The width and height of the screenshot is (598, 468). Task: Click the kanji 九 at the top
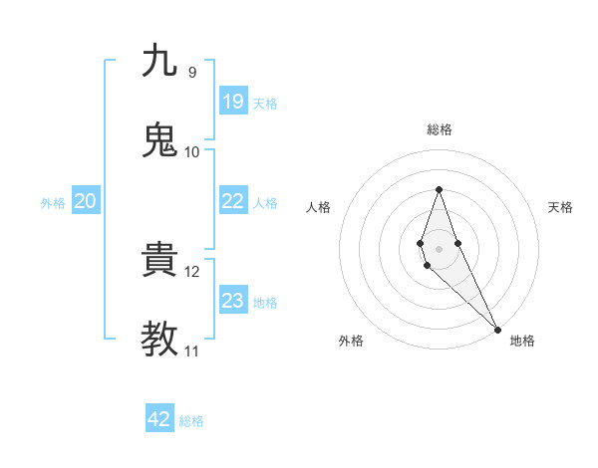pos(159,61)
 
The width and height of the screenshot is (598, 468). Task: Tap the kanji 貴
pos(159,260)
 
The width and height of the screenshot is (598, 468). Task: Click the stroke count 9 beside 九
pos(191,73)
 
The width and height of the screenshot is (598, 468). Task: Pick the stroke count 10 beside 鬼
pos(192,152)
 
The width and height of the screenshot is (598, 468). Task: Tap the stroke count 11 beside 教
pos(192,351)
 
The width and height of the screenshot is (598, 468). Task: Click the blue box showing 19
pos(233,101)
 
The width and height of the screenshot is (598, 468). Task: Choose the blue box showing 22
pos(233,201)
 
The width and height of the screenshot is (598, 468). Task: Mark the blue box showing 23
pos(233,301)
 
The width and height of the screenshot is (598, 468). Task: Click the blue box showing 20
pos(86,201)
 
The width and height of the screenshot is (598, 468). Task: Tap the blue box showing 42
pos(159,419)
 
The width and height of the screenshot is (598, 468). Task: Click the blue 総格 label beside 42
pos(191,421)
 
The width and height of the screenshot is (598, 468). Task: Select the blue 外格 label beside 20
pos(53,203)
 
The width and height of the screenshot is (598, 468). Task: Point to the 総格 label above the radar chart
pos(439,129)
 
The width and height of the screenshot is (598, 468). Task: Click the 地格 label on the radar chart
pos(522,341)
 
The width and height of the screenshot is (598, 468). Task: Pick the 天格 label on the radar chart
pos(561,207)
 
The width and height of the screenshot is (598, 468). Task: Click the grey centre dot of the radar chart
pos(439,248)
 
